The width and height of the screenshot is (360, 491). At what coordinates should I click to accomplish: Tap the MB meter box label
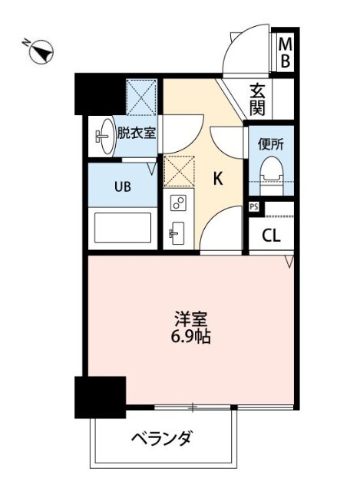pyautogui.click(x=284, y=53)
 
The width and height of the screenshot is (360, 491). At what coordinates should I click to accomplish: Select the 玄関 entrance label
pyautogui.click(x=257, y=100)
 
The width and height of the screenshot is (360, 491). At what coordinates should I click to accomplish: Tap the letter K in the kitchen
pyautogui.click(x=217, y=180)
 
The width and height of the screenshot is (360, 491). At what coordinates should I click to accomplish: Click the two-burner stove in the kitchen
pyautogui.click(x=177, y=203)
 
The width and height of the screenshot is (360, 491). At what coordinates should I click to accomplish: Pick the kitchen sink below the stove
pyautogui.click(x=177, y=232)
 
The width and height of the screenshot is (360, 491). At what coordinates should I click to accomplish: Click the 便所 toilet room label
pyautogui.click(x=272, y=142)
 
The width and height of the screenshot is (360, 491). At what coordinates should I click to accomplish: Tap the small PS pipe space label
pyautogui.click(x=253, y=206)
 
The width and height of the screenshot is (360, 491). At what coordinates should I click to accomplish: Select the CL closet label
pyautogui.click(x=271, y=236)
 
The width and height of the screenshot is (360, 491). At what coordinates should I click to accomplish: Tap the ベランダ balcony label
pyautogui.click(x=160, y=440)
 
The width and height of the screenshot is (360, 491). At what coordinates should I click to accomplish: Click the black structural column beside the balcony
pyautogui.click(x=100, y=397)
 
